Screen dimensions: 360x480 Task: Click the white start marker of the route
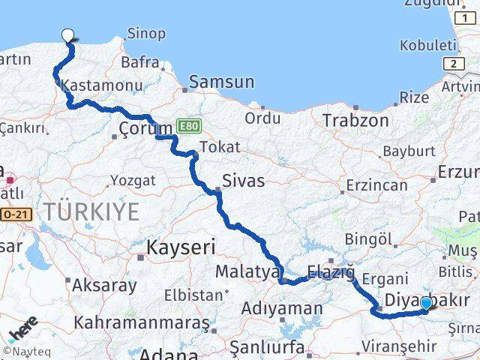point(68,34)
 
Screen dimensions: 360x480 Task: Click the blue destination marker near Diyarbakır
point(426,303)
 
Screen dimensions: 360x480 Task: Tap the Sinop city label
point(147,34)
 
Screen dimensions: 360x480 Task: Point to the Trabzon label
point(355,120)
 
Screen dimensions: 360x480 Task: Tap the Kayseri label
point(181,246)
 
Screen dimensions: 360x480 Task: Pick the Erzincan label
point(376,184)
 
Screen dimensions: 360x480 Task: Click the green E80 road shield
point(187,126)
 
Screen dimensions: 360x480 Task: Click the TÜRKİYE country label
point(91,211)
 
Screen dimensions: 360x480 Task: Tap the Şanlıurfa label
point(267,347)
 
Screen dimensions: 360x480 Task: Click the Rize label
point(414,97)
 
